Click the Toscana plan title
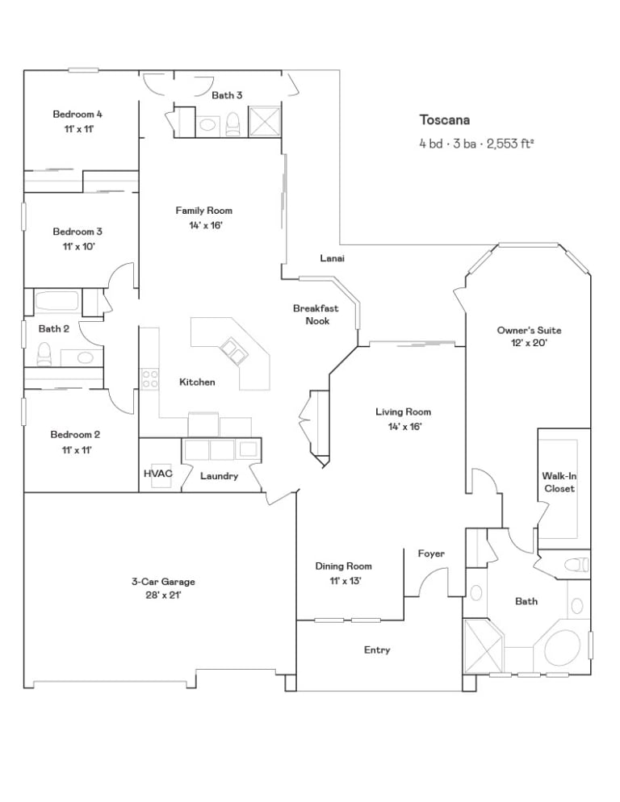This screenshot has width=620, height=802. pyautogui.click(x=444, y=119)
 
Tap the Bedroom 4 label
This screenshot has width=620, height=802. pyautogui.click(x=77, y=114)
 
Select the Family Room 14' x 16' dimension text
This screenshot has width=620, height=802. pyautogui.click(x=205, y=225)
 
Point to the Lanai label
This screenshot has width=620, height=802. pyautogui.click(x=333, y=258)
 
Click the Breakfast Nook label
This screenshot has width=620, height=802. pyautogui.click(x=316, y=315)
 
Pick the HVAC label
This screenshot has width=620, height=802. pyautogui.click(x=158, y=474)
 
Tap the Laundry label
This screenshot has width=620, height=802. pyautogui.click(x=219, y=476)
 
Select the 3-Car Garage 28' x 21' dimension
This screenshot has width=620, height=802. pyautogui.click(x=163, y=595)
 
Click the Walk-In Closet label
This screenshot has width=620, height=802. pyautogui.click(x=559, y=482)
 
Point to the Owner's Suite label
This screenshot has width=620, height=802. pyautogui.click(x=529, y=331)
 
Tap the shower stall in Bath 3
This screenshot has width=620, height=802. pyautogui.click(x=265, y=122)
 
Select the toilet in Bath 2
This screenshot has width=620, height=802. pyautogui.click(x=44, y=354)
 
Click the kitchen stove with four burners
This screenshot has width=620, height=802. pyautogui.click(x=149, y=380)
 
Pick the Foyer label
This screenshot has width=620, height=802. pyautogui.click(x=431, y=553)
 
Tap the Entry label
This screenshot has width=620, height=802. pyautogui.click(x=377, y=650)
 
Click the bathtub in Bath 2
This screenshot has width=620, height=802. pyautogui.click(x=57, y=302)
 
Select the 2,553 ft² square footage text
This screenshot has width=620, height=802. pyautogui.click(x=510, y=144)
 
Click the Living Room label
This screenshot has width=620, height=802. pyautogui.click(x=404, y=411)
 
